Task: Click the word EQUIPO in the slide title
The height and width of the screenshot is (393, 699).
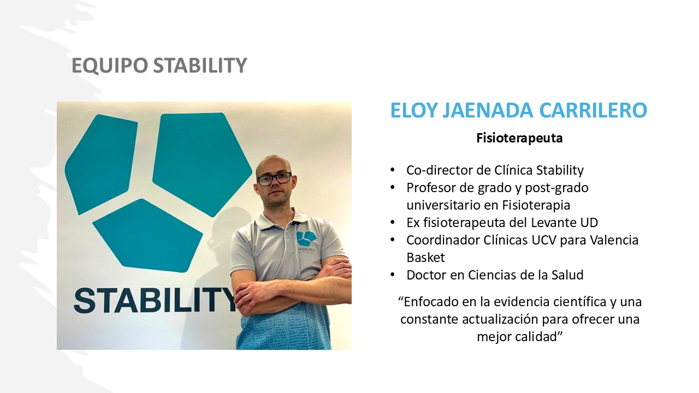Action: point(110,65)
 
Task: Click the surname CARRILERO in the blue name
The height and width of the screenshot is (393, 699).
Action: point(593,110)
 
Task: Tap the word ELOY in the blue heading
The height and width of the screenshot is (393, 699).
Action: point(413,110)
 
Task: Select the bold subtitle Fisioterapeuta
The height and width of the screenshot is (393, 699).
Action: point(519,138)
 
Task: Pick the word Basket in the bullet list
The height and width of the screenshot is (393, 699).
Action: point(425,258)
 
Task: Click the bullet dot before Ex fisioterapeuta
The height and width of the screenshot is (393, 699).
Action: point(393,223)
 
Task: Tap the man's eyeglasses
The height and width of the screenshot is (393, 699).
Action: point(274,178)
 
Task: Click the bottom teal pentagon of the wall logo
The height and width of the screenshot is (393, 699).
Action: point(147,235)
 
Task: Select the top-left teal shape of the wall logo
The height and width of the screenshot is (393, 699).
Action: point(102,164)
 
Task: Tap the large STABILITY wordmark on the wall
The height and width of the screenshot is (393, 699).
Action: point(155,300)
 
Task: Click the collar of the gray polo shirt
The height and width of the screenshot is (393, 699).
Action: point(281,220)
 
